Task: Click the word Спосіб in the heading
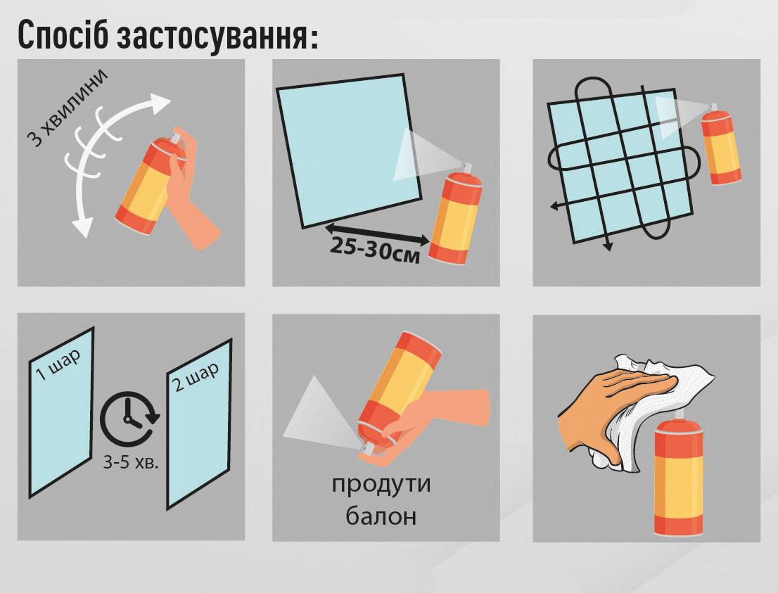coord(63,35)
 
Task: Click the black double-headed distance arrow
coord(377,234)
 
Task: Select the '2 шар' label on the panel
coord(196,376)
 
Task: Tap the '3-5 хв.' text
coord(131,462)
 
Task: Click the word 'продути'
coord(381,484)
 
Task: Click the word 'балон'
coord(381,516)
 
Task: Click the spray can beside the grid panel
coord(721,144)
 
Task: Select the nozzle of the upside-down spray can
coord(367,449)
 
